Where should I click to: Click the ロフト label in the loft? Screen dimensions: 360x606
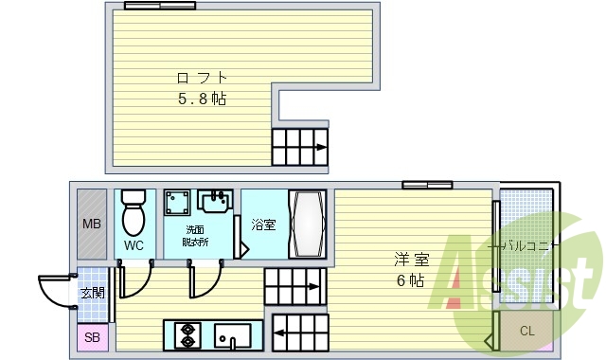pyautogui.click(x=202, y=78)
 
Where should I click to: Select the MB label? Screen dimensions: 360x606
pyautogui.click(x=91, y=225)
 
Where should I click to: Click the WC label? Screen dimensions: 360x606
pyautogui.click(x=134, y=245)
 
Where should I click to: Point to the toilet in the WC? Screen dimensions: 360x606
pyautogui.click(x=134, y=213)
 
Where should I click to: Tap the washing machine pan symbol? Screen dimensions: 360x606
pyautogui.click(x=176, y=205)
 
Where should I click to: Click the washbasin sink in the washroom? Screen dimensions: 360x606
pyautogui.click(x=216, y=201)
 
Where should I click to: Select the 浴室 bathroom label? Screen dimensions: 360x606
pyautogui.click(x=263, y=225)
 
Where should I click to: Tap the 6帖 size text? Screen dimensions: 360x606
pyautogui.click(x=409, y=279)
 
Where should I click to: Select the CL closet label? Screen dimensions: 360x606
pyautogui.click(x=527, y=331)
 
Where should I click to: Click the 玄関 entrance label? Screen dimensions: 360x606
pyautogui.click(x=92, y=293)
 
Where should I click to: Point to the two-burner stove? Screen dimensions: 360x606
pyautogui.click(x=187, y=336)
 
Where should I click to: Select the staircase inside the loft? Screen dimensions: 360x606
pyautogui.click(x=300, y=147)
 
